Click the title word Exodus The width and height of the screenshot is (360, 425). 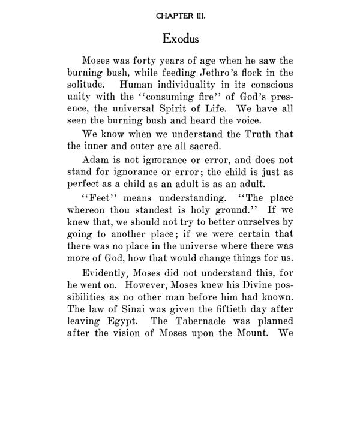[x=181, y=39]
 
